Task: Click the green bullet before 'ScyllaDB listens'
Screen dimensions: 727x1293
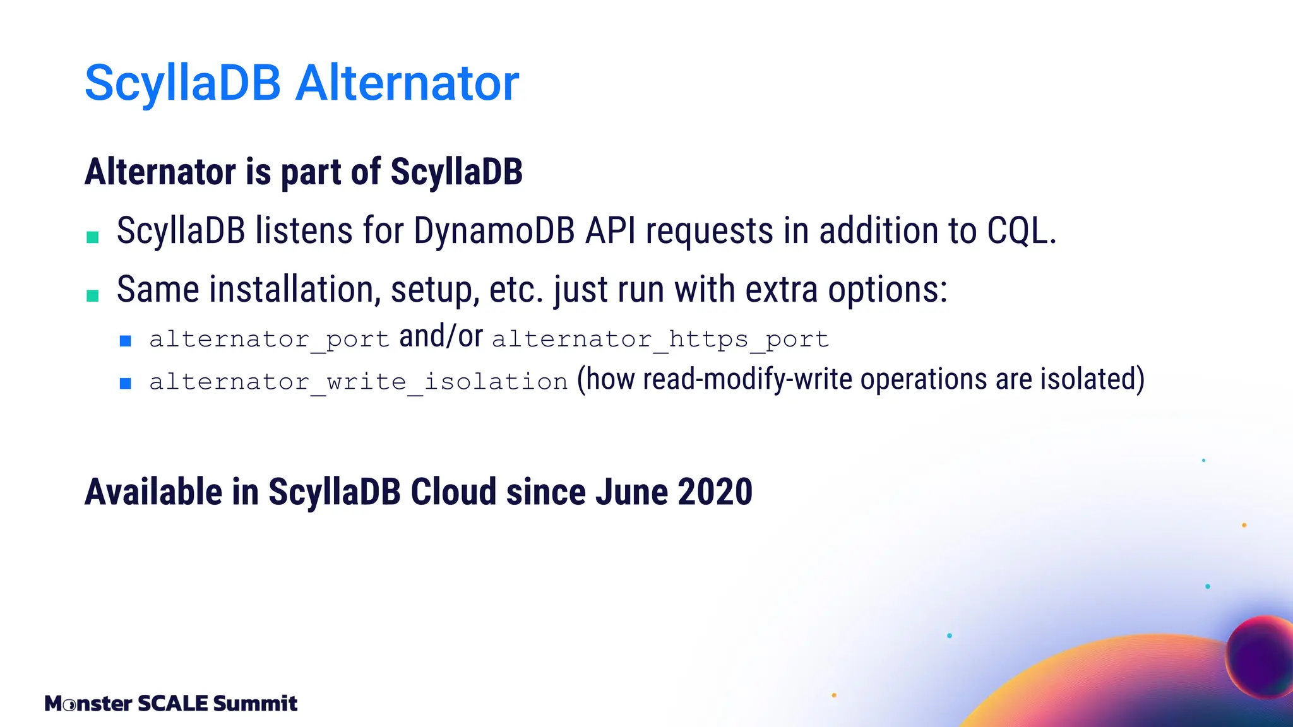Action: pos(93,237)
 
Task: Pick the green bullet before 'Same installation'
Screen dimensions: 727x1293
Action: pos(93,295)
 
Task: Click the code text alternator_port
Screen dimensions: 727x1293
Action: pos(269,340)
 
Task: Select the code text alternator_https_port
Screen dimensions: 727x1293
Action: pos(660,340)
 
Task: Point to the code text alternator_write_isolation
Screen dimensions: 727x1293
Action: pos(359,382)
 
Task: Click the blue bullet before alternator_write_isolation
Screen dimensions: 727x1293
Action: pos(126,383)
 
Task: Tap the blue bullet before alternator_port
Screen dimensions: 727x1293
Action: pos(126,341)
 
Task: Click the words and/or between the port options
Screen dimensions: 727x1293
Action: pos(441,336)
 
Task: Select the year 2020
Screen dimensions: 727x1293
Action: pos(715,492)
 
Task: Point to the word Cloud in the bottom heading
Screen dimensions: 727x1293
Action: pos(453,492)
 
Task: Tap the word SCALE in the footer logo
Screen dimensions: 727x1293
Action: pos(172,703)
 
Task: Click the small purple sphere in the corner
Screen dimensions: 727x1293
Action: pos(1259,656)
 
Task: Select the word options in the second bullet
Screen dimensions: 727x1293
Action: pos(887,290)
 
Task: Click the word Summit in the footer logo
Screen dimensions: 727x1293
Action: pos(255,703)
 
